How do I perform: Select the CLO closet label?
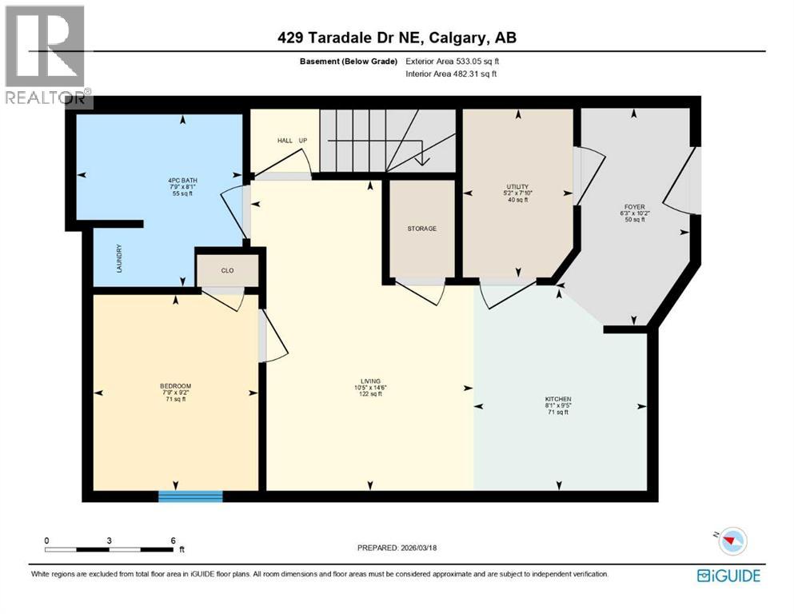(x=227, y=271)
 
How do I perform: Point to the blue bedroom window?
(x=190, y=496)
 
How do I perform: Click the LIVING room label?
(x=369, y=381)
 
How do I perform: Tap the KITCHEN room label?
(x=558, y=398)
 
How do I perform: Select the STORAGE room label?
(x=421, y=229)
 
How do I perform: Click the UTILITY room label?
(x=517, y=187)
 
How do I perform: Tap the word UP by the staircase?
(x=303, y=141)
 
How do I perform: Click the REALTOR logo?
(x=46, y=56)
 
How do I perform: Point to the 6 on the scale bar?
(x=173, y=540)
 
